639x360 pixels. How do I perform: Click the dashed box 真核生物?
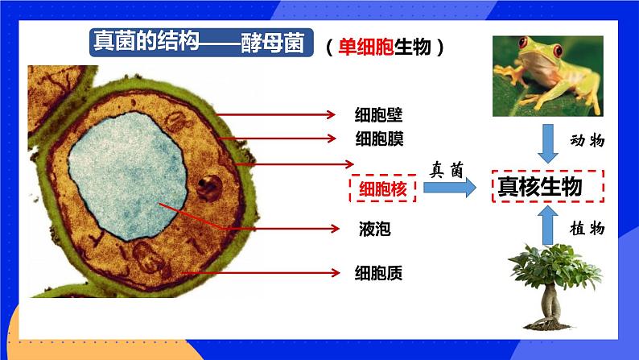pos(549,187)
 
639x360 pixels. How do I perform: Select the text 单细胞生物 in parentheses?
pos(385,48)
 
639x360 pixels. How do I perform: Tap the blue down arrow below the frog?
pos(550,144)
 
